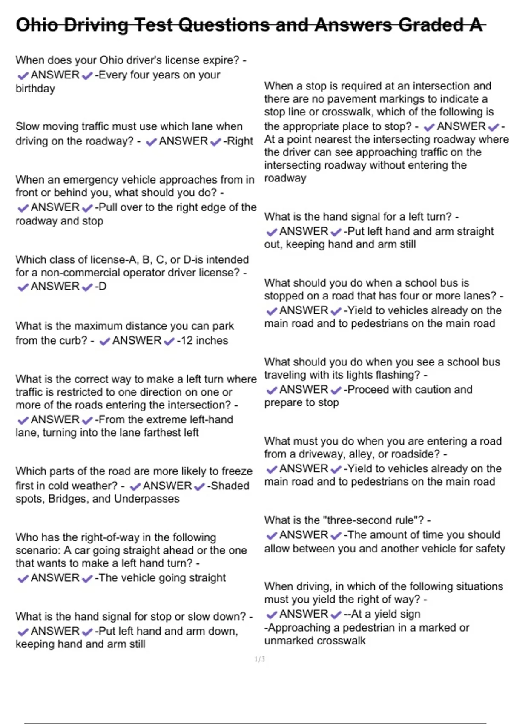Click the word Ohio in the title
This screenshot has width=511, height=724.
click(37, 25)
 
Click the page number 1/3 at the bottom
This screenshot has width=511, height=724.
click(259, 659)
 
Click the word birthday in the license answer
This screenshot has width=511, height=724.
click(35, 89)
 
